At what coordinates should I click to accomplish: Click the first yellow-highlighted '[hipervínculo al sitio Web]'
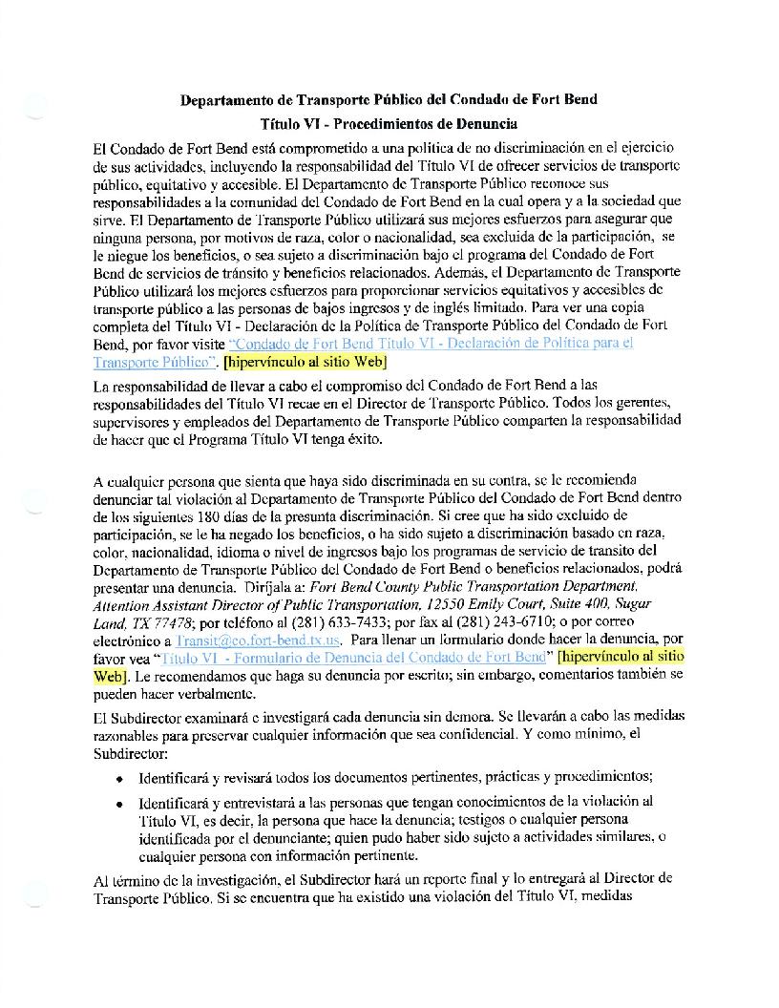305,363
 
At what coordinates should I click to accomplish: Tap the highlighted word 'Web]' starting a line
110,675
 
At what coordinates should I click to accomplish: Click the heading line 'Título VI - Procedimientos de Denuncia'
389,123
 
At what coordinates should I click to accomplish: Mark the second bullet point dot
118,802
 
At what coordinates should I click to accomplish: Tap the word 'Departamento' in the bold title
228,100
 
